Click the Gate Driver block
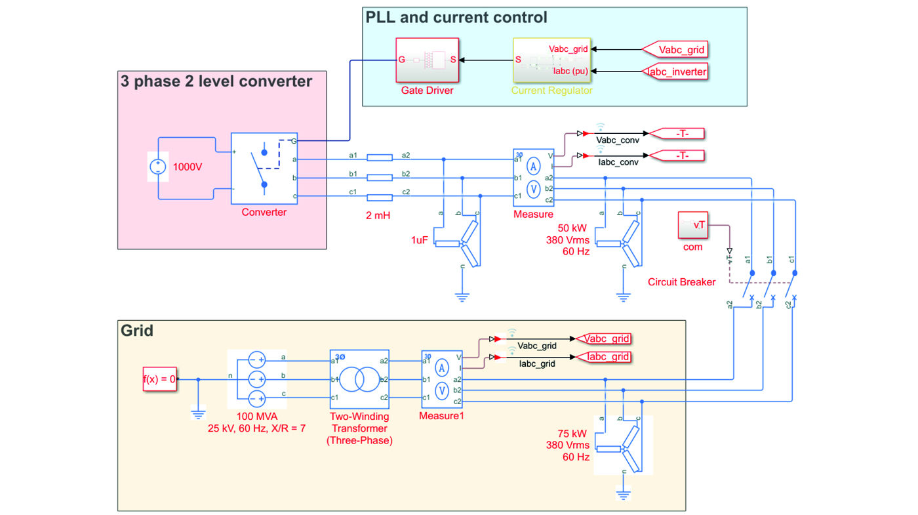(427, 60)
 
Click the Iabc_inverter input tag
(677, 72)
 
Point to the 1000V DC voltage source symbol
(157, 167)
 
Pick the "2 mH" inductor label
(378, 215)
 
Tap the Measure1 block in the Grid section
(441, 379)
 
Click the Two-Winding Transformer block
(359, 379)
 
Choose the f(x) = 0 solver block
(159, 379)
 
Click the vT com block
(693, 226)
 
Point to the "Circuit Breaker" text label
(681, 282)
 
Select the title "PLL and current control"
(456, 17)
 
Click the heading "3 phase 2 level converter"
(216, 81)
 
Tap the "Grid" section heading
(137, 330)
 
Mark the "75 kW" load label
(572, 434)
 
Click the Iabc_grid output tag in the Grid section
(607, 357)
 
